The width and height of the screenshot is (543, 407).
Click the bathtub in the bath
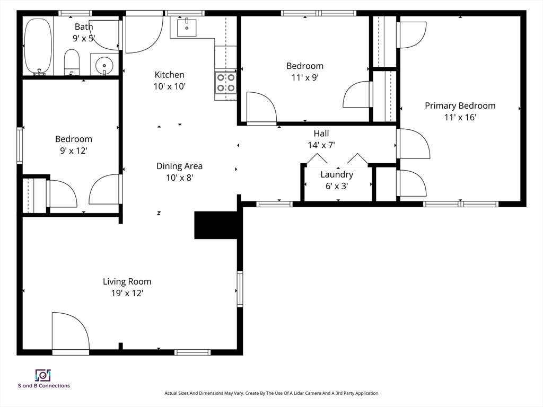(x=38, y=47)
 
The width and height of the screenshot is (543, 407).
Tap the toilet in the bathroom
(x=72, y=62)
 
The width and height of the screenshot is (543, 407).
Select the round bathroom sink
(x=104, y=64)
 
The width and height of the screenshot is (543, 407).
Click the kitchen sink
(x=187, y=28)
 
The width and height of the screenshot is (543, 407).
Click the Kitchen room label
(x=169, y=75)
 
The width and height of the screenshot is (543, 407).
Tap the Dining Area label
(x=179, y=166)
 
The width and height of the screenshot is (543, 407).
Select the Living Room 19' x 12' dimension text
(x=127, y=293)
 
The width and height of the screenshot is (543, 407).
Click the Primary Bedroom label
(x=460, y=106)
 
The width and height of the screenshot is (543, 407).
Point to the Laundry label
(x=337, y=174)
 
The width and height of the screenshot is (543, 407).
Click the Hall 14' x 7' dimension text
(x=321, y=145)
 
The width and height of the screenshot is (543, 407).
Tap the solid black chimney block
(x=216, y=225)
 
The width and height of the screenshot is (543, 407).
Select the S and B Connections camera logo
(x=43, y=375)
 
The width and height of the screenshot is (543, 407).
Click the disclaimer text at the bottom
(x=271, y=393)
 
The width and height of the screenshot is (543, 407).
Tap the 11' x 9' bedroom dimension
(x=305, y=77)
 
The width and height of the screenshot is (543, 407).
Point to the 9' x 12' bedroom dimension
(x=73, y=151)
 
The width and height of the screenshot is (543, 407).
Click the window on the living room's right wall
(x=240, y=289)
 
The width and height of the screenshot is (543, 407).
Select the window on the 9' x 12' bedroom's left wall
(x=20, y=145)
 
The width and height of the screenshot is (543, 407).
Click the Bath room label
(x=84, y=26)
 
